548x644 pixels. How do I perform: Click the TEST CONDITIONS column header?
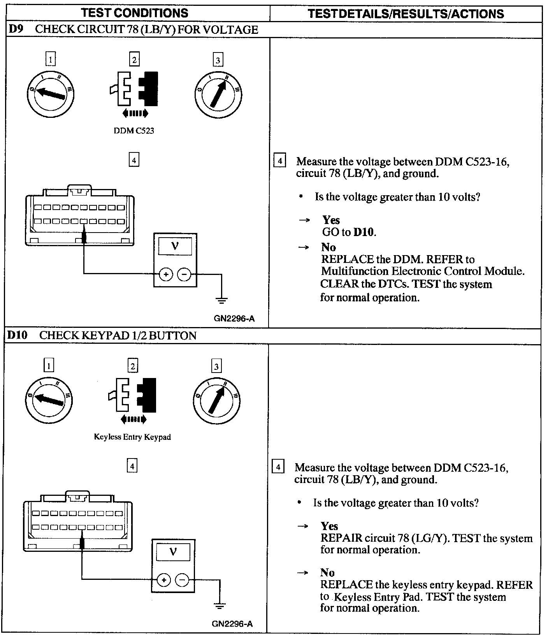(135, 13)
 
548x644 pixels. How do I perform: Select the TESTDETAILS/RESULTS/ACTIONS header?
(406, 14)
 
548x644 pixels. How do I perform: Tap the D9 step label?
(16, 30)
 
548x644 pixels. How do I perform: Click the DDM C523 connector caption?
(134, 131)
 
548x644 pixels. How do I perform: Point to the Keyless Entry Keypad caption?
(132, 437)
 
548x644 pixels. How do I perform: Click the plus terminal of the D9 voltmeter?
(166, 275)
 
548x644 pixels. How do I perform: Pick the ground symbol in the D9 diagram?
(221, 300)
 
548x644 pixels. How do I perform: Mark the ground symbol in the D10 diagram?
(220, 606)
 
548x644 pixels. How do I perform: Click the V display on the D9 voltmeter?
(175, 246)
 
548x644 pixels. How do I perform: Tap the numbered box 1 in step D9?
(51, 59)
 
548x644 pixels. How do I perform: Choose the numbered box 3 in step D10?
(216, 366)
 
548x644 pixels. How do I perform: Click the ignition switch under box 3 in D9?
(218, 93)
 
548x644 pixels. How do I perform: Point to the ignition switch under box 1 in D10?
(49, 399)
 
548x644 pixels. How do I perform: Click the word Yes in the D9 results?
(331, 220)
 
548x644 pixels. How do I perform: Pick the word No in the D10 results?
(327, 572)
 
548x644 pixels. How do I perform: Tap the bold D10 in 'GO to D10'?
(364, 232)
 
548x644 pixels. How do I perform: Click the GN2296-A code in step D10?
(232, 624)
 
